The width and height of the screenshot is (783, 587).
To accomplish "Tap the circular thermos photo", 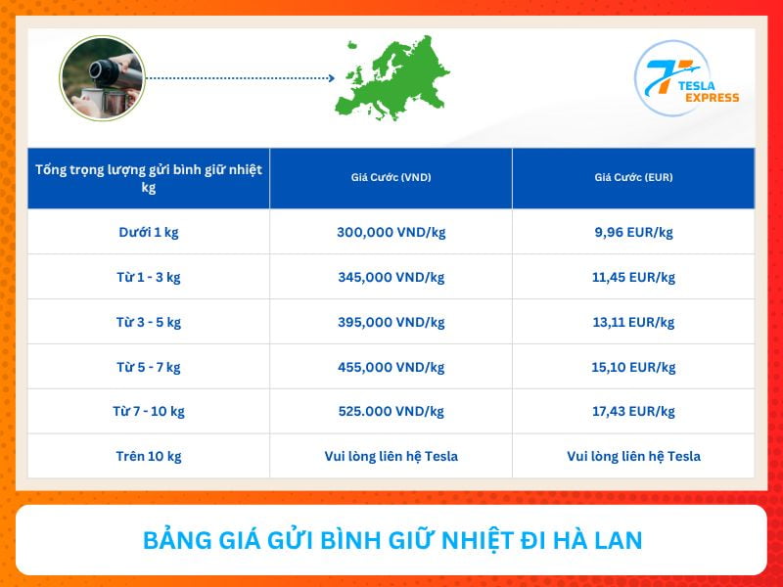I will [x=102, y=78].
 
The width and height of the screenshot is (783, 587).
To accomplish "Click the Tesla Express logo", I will [x=686, y=79].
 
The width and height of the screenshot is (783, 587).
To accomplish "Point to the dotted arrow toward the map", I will [x=240, y=77].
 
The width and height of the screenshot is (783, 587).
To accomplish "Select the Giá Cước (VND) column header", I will [x=391, y=178].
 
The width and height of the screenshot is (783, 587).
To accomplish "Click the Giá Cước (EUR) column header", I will [x=633, y=178].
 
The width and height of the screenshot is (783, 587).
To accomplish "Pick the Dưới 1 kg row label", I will [x=149, y=232].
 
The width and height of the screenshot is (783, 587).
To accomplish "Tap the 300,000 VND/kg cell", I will [x=391, y=232].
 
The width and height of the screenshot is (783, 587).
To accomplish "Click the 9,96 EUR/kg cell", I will [x=633, y=232].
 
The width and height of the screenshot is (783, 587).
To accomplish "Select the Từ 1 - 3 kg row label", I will [x=149, y=277].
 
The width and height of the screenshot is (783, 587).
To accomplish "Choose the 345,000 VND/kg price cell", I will [x=391, y=277].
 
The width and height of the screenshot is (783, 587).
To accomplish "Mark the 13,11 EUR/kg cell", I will [x=633, y=322].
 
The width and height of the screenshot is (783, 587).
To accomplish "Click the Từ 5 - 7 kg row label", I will [x=149, y=367].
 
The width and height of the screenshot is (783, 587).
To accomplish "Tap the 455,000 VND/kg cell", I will [x=391, y=367].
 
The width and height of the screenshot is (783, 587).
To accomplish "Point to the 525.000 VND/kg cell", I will [x=391, y=411].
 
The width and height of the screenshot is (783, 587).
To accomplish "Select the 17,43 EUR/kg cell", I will [x=633, y=411].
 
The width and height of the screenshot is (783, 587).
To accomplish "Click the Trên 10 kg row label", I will [x=149, y=456].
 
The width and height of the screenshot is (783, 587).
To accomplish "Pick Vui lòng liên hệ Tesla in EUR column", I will [x=633, y=456].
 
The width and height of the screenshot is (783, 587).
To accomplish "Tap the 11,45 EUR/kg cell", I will [x=633, y=277].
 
